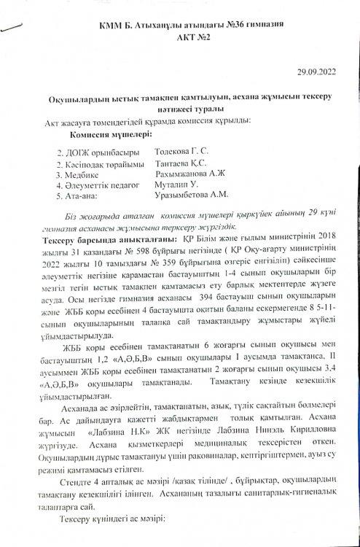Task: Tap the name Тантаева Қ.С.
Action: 180,165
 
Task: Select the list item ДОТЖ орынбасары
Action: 101,155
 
